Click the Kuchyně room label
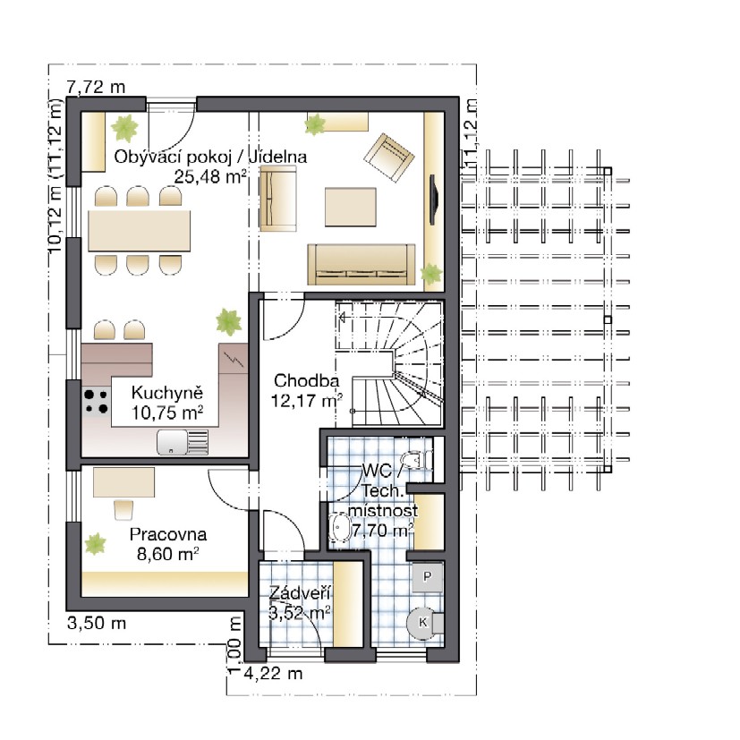coord(167,393)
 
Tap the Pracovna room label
coord(168,534)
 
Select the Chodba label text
coord(306,380)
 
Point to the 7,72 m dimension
coord(97,87)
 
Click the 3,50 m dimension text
coord(97,623)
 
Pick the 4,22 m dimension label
coord(273,674)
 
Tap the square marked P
coord(427,576)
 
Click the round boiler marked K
coord(422,623)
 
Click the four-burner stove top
coord(97,402)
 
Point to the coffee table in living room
coord(350,207)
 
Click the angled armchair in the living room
coord(389,157)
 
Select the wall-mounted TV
coord(433,200)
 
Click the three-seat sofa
coord(361,264)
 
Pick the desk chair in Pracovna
coord(123,509)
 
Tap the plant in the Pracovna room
coord(96,544)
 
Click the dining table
coord(140,231)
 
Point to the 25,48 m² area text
coord(210,177)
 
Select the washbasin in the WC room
coord(339,528)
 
